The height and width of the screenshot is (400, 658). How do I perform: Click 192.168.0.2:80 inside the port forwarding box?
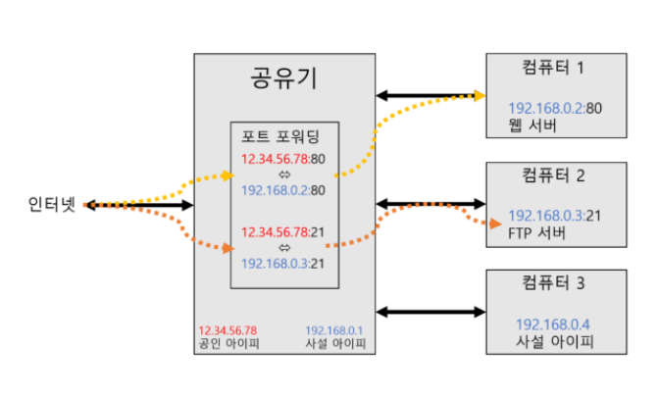click(283, 189)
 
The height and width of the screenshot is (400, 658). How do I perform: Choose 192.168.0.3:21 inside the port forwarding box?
click(283, 263)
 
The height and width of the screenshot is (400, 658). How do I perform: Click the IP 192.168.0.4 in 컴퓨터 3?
click(555, 323)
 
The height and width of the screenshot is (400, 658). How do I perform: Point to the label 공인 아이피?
click(228, 344)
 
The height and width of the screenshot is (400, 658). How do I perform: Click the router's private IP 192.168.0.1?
click(334, 330)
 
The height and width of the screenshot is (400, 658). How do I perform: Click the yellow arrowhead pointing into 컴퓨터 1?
click(479, 95)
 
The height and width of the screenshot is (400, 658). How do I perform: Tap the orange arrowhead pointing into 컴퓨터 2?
click(480, 221)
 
